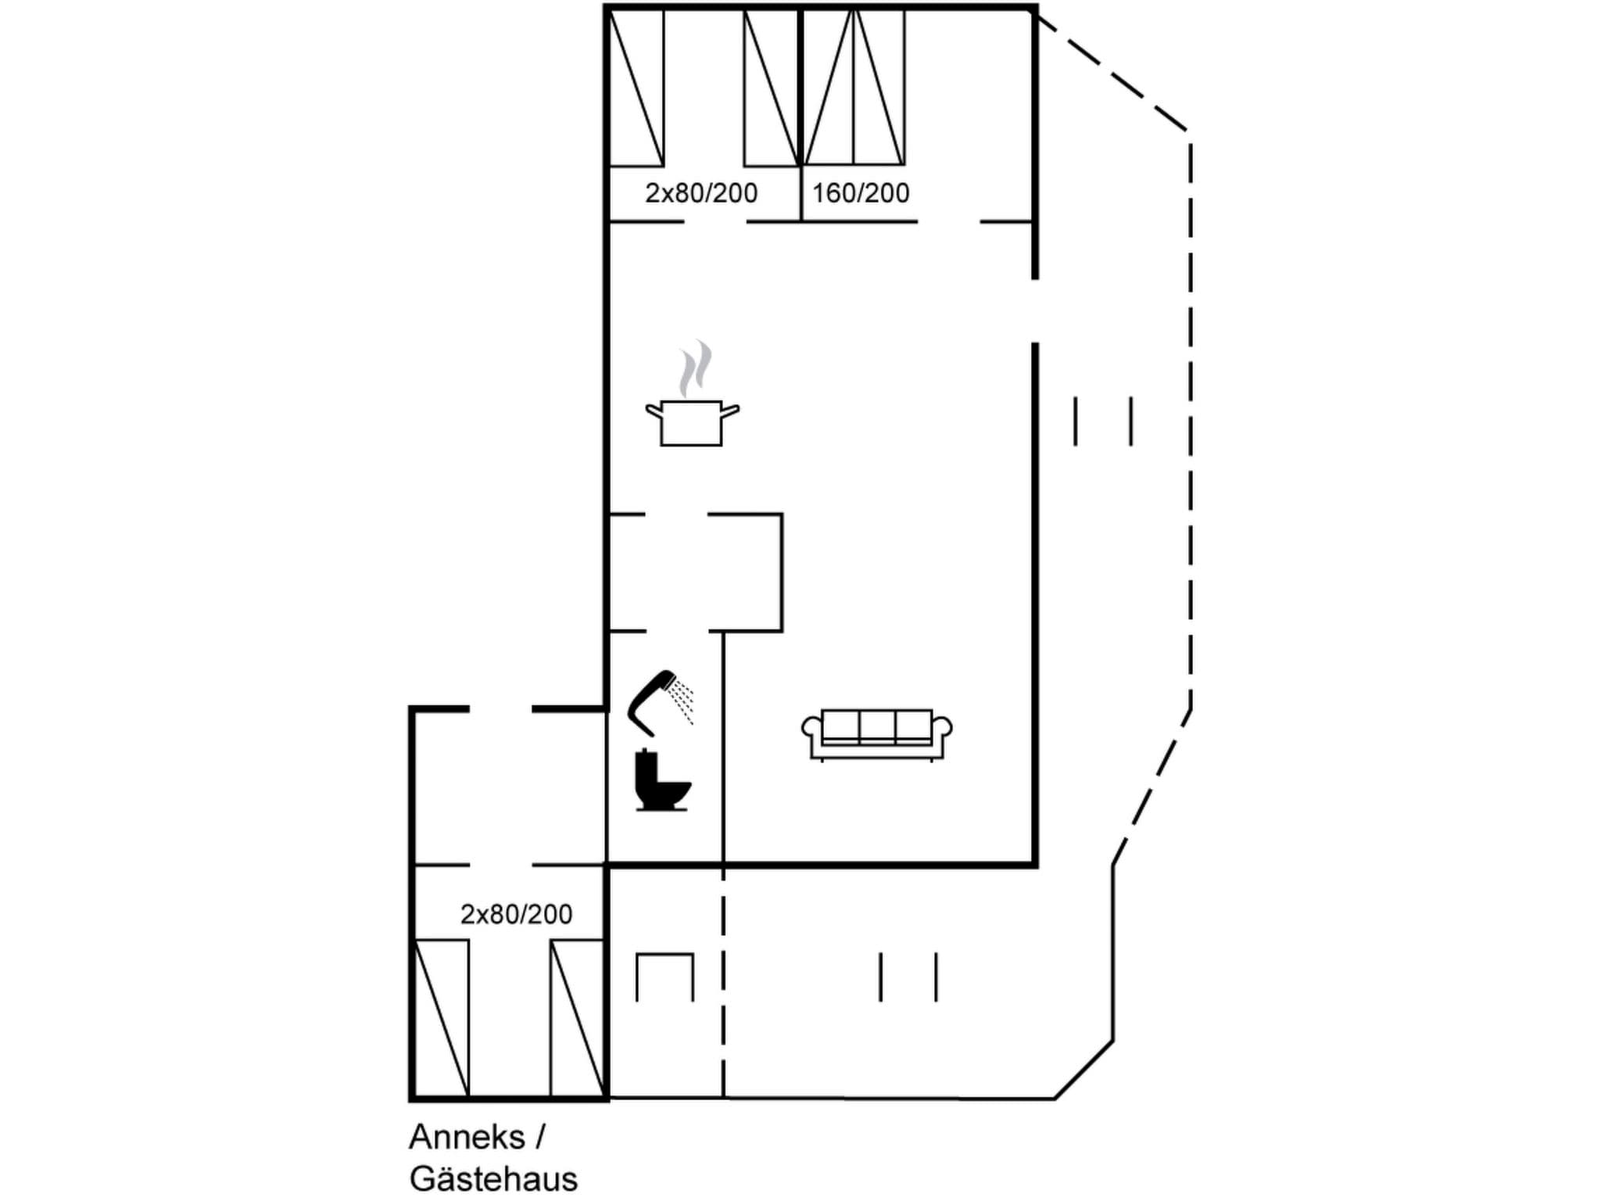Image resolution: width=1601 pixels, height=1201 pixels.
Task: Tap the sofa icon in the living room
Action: click(x=876, y=733)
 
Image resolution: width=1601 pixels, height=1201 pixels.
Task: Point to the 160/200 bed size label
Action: click(x=860, y=193)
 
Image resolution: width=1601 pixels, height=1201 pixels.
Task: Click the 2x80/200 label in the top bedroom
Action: click(x=700, y=193)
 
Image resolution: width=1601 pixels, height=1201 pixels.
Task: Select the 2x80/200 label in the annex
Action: click(x=516, y=914)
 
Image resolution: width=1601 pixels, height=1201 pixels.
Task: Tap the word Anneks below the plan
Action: click(x=467, y=1137)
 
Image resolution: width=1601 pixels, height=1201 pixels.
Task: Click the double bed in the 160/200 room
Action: click(x=854, y=87)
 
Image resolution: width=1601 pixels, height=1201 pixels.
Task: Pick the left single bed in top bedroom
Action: click(x=636, y=87)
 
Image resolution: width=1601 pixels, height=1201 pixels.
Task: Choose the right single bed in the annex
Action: click(x=577, y=1018)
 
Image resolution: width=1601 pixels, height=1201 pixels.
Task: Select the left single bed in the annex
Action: click(x=442, y=1018)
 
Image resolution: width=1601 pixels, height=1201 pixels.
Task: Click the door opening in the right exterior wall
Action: click(x=1035, y=310)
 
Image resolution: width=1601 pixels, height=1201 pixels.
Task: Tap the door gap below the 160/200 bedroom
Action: click(x=948, y=222)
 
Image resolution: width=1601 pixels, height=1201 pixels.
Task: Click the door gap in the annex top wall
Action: click(x=500, y=709)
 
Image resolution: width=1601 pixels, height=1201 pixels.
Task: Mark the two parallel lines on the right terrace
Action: click(x=1103, y=421)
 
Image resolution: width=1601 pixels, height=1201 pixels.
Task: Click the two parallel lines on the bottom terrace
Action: click(x=908, y=977)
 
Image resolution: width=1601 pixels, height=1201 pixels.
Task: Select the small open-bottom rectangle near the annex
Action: click(x=664, y=977)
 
